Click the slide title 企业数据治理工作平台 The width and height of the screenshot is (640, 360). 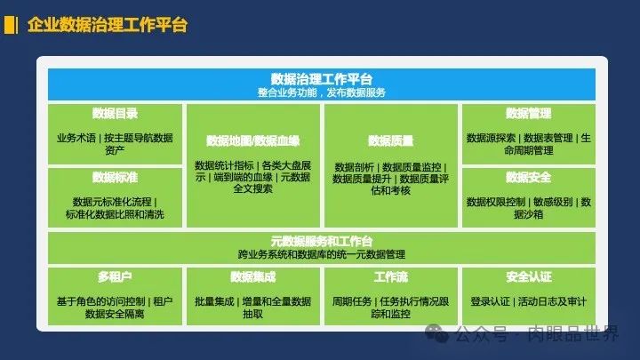pyautogui.click(x=108, y=25)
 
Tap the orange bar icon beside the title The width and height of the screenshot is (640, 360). pyautogui.click(x=11, y=25)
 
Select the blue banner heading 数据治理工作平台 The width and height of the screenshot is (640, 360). pyautogui.click(x=322, y=79)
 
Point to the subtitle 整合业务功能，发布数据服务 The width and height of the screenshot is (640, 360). pyautogui.click(x=322, y=92)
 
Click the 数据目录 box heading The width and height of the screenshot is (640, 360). pyautogui.click(x=115, y=114)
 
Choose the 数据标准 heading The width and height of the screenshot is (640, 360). pyautogui.click(x=115, y=178)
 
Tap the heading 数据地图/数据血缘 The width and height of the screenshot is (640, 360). pyautogui.click(x=253, y=140)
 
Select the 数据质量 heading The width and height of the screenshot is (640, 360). pyautogui.click(x=390, y=140)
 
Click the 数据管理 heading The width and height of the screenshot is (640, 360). pyautogui.click(x=529, y=114)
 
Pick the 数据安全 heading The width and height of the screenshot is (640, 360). pyautogui.click(x=529, y=178)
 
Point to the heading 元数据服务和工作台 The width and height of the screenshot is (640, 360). pyautogui.click(x=322, y=241)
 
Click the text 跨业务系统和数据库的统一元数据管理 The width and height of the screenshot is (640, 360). pyautogui.click(x=322, y=255)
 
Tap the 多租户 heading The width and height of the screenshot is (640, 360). pyautogui.click(x=115, y=277)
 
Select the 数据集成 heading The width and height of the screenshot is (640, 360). pyautogui.click(x=253, y=277)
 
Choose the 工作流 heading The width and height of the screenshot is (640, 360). pyautogui.click(x=390, y=277)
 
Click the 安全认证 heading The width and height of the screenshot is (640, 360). pyautogui.click(x=529, y=277)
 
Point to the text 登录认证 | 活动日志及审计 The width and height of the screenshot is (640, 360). pyautogui.click(x=529, y=301)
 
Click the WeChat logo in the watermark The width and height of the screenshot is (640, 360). pyautogui.click(x=436, y=333)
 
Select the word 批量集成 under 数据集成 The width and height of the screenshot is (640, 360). pyautogui.click(x=214, y=301)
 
